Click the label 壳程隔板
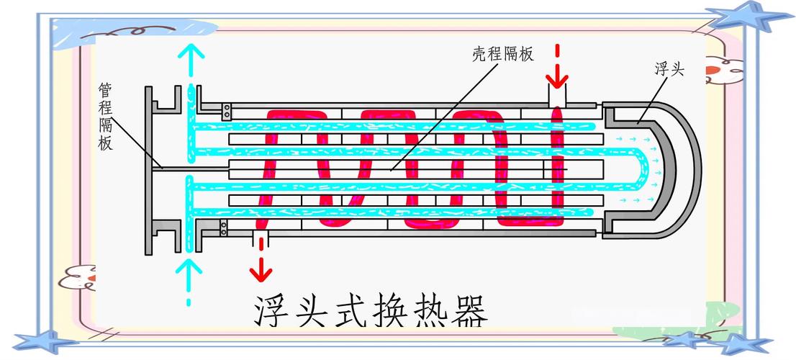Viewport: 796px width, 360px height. point(503,54)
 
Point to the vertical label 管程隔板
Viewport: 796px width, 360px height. point(105,116)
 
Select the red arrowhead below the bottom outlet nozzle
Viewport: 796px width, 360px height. point(261,274)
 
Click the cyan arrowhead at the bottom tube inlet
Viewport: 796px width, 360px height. point(189,267)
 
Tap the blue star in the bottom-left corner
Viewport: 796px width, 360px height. point(45,341)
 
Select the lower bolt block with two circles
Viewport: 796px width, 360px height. point(224,228)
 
